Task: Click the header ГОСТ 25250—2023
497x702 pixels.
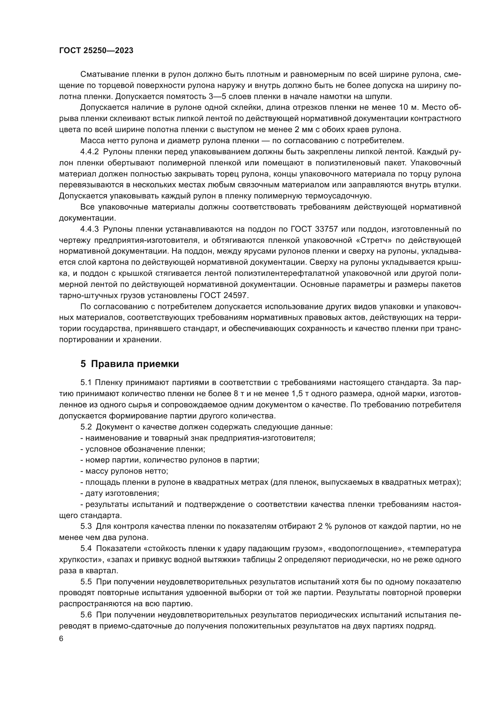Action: pos(96,51)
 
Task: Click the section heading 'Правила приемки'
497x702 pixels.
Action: pos(135,364)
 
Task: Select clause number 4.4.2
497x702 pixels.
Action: pos(90,152)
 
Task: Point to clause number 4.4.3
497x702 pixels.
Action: pos(90,229)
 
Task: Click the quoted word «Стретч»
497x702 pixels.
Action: pos(376,240)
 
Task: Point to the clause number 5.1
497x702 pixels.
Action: pos(86,382)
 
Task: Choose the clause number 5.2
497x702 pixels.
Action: pos(86,427)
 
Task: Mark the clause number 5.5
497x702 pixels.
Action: pos(86,582)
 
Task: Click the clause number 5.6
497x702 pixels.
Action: pos(86,615)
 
